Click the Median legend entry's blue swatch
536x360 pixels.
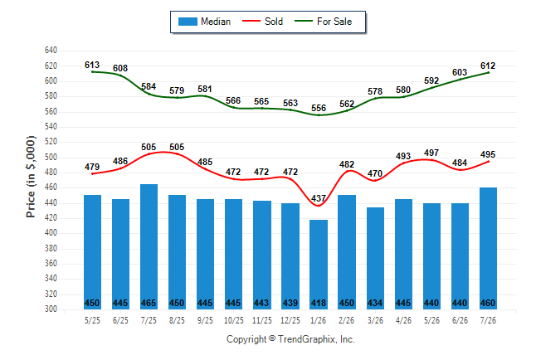188,22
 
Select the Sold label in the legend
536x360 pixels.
274,22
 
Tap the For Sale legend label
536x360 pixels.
334,22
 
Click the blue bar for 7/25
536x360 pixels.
149,246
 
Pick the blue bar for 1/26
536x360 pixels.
319,265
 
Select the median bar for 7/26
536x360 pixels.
488,248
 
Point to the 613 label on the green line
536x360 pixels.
92,65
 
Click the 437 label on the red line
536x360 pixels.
319,198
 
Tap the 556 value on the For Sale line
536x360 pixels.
319,108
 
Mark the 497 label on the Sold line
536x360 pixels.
431,153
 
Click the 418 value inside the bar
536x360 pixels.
319,303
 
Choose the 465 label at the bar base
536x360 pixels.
149,303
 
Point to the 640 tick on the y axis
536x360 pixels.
51,51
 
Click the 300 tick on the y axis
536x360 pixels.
51,309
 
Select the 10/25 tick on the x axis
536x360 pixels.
234,320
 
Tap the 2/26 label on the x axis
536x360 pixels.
347,320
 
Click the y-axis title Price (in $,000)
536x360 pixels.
31,177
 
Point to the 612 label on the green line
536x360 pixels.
488,66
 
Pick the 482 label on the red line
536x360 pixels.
347,164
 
